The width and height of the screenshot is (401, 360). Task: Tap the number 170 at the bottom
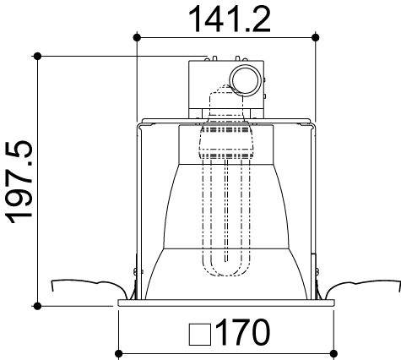click(x=243, y=333)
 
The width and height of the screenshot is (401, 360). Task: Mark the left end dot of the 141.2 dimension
click(x=137, y=37)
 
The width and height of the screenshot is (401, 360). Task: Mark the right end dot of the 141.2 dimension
click(x=316, y=37)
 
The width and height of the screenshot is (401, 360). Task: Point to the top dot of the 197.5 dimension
click(x=38, y=56)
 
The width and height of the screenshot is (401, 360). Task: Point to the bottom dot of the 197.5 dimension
click(x=38, y=304)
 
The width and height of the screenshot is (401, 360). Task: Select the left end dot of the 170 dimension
click(x=118, y=352)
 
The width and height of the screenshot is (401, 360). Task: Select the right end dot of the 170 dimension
click(x=333, y=352)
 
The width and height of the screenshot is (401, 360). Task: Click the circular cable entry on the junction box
click(x=246, y=80)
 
